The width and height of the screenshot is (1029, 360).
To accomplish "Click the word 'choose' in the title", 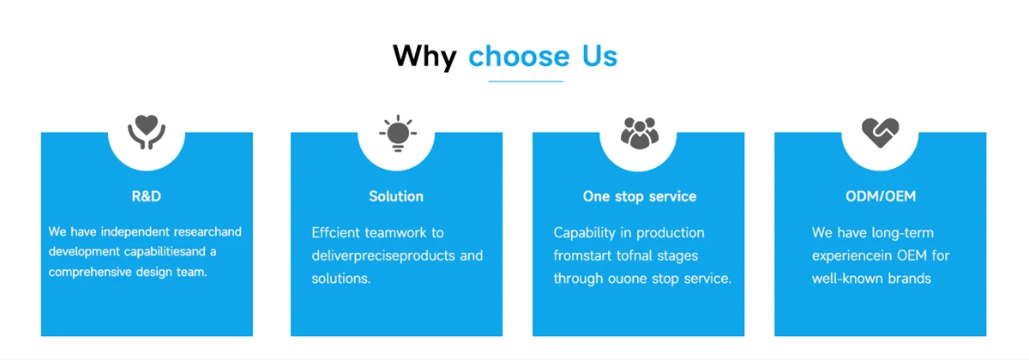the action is tap(519, 57).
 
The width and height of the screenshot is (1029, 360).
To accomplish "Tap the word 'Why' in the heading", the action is tap(424, 57).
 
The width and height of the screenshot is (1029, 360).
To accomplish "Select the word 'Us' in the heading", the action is tap(599, 57).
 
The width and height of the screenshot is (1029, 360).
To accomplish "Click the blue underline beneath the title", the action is tap(526, 81).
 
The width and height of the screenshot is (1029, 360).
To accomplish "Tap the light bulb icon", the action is tap(397, 134).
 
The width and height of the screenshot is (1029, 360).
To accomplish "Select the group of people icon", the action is tap(638, 133).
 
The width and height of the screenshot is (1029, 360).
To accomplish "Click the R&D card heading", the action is tap(147, 196).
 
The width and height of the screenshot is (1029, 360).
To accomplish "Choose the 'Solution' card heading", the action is tap(396, 196).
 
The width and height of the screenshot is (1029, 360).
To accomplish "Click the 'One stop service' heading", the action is tap(639, 196).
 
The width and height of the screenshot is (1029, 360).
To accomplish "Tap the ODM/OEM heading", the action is tap(880, 196).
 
